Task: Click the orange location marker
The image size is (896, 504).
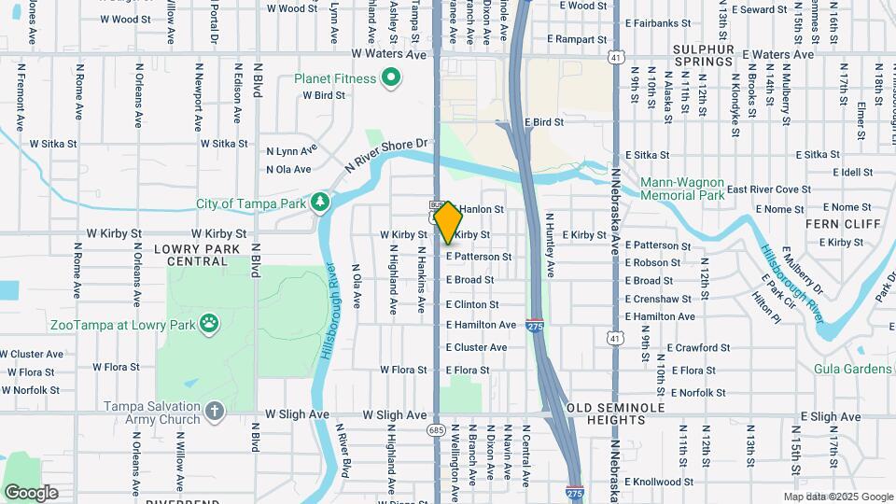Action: (448, 222)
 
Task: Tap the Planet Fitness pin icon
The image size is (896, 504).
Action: (392, 78)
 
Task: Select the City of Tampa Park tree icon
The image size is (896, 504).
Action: (320, 202)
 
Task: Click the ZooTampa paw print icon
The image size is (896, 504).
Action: (213, 324)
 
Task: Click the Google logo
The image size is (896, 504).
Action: (31, 493)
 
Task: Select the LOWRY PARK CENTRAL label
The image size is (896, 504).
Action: (197, 255)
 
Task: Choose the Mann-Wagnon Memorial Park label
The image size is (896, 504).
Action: (683, 189)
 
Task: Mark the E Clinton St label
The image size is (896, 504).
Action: (472, 304)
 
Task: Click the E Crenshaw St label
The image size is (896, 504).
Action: (659, 299)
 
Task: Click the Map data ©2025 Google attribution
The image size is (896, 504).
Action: (838, 497)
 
